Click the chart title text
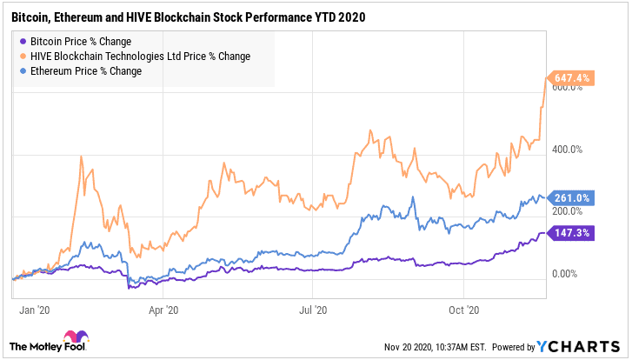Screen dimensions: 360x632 186,17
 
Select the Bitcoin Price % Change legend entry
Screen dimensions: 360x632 77,42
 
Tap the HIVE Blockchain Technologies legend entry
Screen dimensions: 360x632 140,57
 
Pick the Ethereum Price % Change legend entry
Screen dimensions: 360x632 85,71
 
